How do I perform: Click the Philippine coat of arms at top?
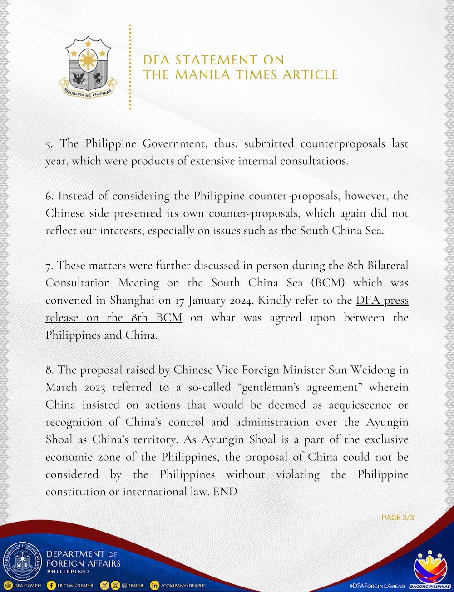pos(89,67)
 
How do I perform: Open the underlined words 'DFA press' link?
pos(382,301)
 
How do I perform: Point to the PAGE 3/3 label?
pos(397,518)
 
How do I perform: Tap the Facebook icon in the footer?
pos(52,586)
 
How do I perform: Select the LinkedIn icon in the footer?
pos(155,586)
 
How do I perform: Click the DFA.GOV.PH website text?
pos(27,586)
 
